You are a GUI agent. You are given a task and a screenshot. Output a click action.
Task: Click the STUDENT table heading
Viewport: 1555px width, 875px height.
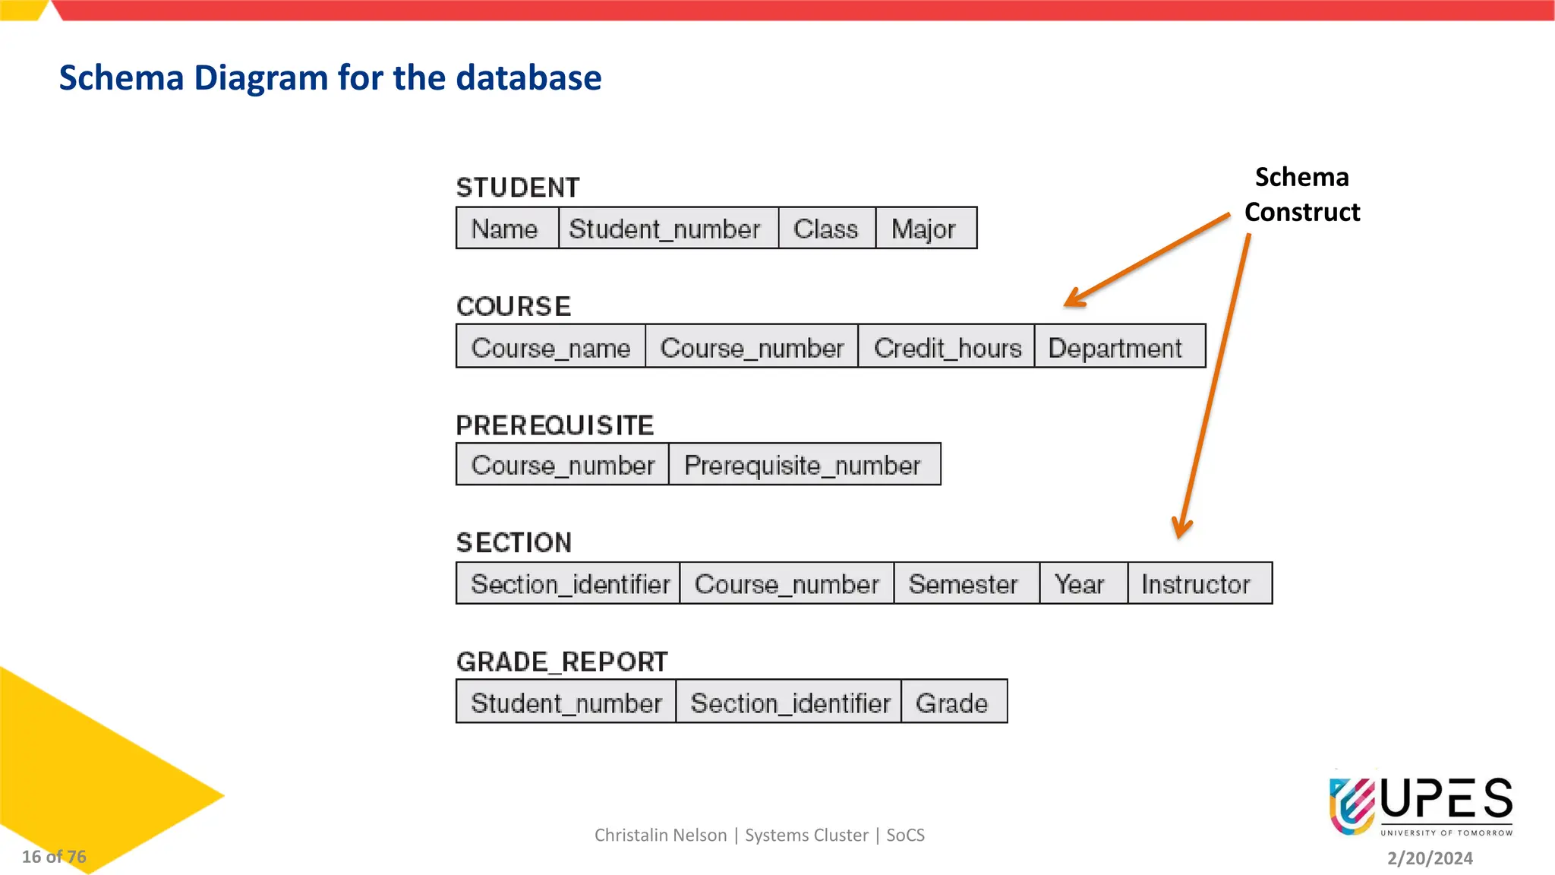pos(518,188)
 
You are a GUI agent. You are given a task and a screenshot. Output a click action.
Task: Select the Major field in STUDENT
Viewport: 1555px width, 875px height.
pos(924,229)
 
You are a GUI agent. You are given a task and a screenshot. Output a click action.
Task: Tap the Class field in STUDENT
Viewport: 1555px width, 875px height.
pos(826,229)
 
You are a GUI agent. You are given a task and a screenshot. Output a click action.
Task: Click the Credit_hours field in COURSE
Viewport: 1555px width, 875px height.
pos(947,348)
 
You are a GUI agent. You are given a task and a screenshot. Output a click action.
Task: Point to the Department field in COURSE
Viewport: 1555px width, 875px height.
pos(1115,348)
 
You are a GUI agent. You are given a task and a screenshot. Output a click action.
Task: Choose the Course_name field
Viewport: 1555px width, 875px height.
pos(550,348)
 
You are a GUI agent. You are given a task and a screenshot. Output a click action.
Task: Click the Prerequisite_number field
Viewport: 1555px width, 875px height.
pos(803,465)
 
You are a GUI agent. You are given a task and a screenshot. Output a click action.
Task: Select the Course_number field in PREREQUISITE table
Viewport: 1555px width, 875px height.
pos(563,465)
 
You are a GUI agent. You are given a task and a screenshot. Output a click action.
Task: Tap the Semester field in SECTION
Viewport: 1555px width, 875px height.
pos(963,584)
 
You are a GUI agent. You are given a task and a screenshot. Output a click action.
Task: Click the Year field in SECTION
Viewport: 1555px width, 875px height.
pos(1080,584)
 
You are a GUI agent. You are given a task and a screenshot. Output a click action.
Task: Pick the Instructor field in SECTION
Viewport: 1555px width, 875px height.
pos(1196,584)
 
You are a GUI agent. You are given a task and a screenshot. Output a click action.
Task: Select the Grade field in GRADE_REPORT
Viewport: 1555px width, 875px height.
pos(952,703)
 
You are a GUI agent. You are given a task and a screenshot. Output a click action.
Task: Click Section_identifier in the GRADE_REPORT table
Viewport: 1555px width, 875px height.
pos(790,703)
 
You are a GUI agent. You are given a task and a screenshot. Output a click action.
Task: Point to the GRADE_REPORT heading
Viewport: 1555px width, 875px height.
pos(562,662)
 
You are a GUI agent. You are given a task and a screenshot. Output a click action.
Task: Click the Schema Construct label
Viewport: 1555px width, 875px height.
pos(1302,194)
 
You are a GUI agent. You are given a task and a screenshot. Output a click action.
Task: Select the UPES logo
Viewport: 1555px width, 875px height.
pos(1421,806)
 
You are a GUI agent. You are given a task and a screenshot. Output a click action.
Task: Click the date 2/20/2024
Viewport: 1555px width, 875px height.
pos(1430,858)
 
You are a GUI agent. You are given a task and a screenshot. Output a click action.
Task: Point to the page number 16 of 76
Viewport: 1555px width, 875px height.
pos(54,857)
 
